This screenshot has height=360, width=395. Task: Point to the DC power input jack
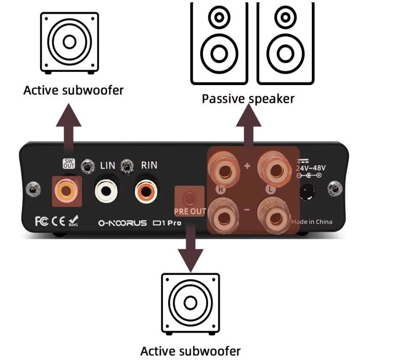(x=308, y=191)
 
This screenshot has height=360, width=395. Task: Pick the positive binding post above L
(x=274, y=166)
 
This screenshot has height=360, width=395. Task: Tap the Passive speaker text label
(x=248, y=99)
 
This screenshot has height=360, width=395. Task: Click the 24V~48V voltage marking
(x=311, y=168)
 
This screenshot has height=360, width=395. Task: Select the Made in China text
(x=311, y=222)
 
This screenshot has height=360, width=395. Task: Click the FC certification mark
(x=41, y=221)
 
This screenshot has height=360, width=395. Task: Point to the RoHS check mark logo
(x=74, y=220)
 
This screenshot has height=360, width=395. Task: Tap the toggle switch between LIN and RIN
(x=126, y=166)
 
